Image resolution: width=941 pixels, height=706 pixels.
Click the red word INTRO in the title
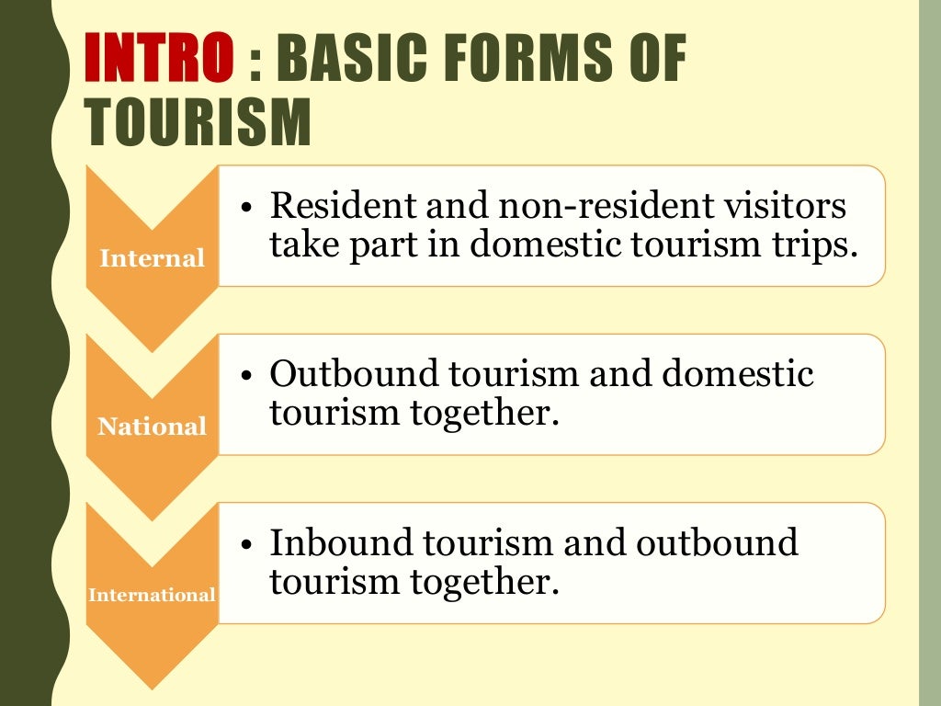click(158, 58)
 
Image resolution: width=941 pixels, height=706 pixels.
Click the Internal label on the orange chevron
click(152, 258)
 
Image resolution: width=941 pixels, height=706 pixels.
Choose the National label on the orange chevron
click(152, 427)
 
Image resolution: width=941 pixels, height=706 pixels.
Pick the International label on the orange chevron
click(152, 595)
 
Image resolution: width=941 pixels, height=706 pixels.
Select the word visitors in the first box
click(784, 206)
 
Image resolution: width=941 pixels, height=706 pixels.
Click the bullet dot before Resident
click(246, 208)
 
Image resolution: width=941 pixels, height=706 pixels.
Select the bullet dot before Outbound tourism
click(246, 376)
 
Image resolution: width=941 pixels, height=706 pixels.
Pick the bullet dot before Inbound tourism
click(246, 544)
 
